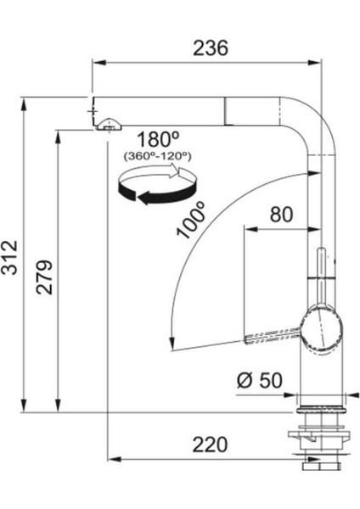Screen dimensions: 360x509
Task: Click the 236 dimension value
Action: click(211, 48)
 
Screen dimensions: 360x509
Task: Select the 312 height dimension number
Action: click(9, 258)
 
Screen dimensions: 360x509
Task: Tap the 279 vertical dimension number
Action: click(44, 277)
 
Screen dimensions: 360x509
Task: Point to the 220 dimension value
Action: click(210, 445)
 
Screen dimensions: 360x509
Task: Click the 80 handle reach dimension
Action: click(281, 215)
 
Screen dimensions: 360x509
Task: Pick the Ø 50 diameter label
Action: click(260, 380)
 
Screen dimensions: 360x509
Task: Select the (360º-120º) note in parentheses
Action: click(158, 156)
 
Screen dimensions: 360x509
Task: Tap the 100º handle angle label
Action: click(191, 220)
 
